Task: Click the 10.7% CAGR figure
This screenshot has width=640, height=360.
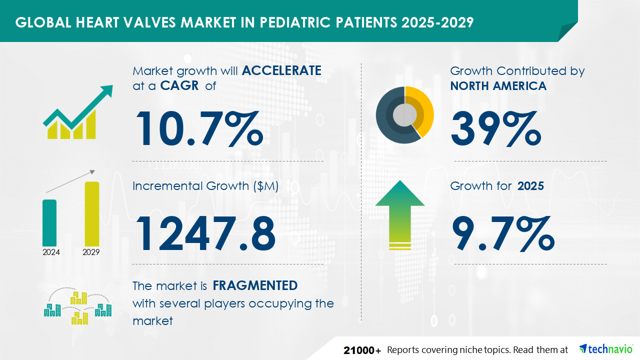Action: tap(199, 128)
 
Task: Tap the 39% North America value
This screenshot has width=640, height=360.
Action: tap(496, 128)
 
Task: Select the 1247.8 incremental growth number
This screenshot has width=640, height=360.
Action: tap(205, 233)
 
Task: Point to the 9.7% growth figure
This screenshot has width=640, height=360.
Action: tap(503, 233)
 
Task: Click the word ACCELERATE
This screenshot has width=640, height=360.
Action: tap(281, 70)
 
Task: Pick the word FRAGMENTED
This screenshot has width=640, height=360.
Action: tap(255, 285)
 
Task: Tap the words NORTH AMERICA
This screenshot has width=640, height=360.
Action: tap(498, 86)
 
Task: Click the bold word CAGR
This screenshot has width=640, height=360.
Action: tap(179, 85)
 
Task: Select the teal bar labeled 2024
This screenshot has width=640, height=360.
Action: tap(49, 223)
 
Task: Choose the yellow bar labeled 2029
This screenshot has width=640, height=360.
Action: tap(92, 214)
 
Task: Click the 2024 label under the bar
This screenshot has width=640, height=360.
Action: tap(51, 252)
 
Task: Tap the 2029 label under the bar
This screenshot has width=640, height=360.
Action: tap(91, 252)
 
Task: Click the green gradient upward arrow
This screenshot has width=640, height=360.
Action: tap(400, 215)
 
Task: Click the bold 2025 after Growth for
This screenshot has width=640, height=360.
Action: tap(530, 186)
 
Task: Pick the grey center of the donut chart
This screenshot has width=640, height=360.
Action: tap(404, 115)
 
